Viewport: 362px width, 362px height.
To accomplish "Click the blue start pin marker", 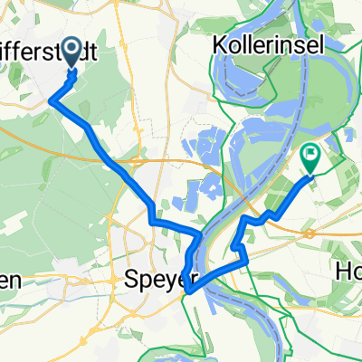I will point(69,62).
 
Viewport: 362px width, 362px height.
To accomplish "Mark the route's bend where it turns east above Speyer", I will point(152,220).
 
